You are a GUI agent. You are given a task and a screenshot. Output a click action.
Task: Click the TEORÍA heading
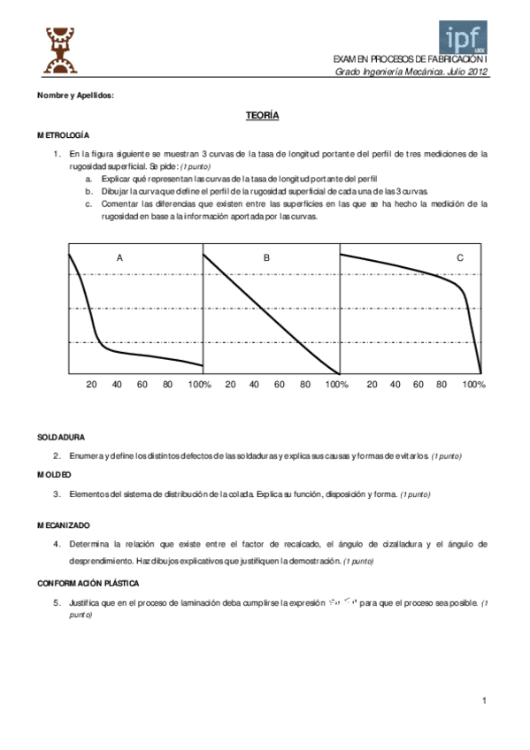click(263, 116)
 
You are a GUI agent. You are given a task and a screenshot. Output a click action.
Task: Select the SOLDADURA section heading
click(61, 437)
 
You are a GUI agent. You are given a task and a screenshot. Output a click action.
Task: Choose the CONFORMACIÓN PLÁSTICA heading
click(89, 584)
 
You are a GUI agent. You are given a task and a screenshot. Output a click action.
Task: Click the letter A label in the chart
click(119, 257)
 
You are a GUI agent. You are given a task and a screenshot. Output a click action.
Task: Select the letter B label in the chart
click(266, 257)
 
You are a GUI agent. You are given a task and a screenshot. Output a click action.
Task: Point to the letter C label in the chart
click(460, 257)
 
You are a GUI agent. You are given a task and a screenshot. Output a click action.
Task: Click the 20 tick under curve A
click(91, 385)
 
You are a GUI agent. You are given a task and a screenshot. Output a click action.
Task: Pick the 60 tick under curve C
click(419, 385)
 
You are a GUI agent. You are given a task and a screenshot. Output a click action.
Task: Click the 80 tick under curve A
click(168, 385)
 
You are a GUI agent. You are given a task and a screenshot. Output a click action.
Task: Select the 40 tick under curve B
click(255, 385)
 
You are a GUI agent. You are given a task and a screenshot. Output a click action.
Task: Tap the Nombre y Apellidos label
click(76, 95)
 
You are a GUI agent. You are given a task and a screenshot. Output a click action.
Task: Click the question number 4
click(57, 543)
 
